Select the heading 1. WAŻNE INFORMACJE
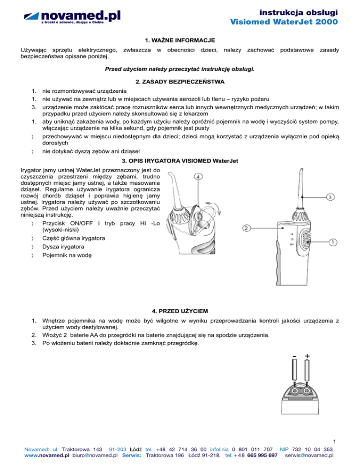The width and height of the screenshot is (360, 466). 180,41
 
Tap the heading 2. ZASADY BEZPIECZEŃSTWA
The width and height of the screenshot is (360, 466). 180,82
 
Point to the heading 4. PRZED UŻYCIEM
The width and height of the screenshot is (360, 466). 180,311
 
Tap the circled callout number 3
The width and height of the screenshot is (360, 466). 330,197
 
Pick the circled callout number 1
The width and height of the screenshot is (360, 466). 332,242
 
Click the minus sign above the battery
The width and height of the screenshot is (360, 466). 293,357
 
